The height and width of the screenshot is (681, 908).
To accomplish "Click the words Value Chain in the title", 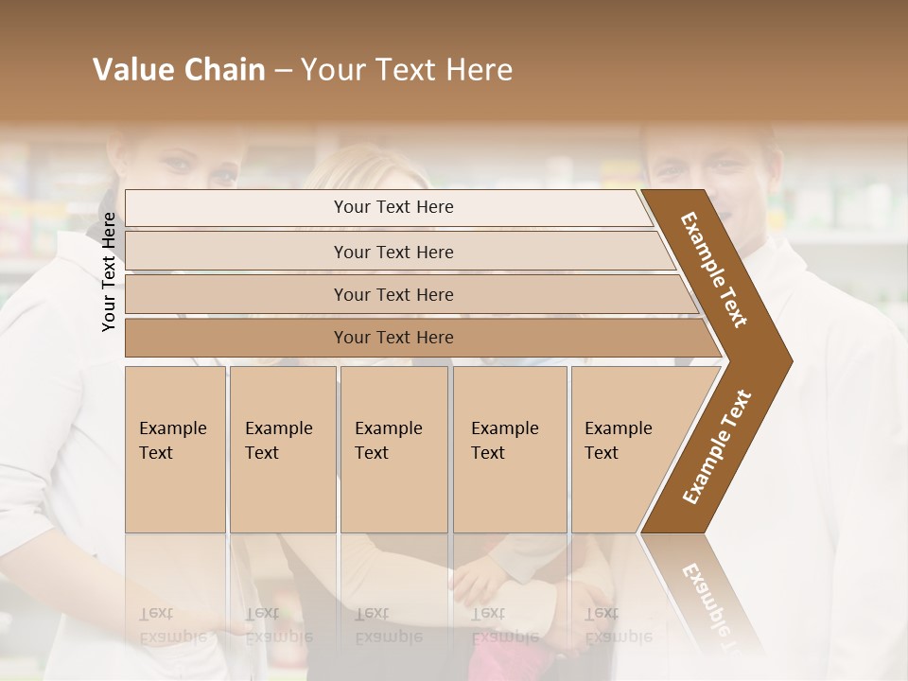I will pos(179,70).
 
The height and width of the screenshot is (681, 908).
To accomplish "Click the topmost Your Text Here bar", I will pos(393,207).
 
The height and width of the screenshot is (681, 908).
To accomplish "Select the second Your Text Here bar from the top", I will pos(393,252).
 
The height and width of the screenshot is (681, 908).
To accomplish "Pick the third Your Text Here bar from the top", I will pos(393,294).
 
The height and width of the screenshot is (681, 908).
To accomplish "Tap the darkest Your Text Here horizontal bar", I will pos(393,338).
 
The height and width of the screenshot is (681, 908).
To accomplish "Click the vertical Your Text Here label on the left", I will pos(109,271).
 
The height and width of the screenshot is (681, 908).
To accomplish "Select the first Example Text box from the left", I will pos(175,449).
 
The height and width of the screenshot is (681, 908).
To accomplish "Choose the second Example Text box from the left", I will pos(282,449).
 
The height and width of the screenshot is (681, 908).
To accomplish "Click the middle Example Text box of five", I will pos(393,449).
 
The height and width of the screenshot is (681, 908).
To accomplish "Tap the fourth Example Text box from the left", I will pos(510,449).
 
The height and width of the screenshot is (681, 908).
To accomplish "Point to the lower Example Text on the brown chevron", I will pos(717,447).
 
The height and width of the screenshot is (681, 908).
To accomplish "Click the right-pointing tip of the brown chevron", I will pos(787,360).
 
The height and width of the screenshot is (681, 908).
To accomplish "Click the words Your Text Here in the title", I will pos(407,70).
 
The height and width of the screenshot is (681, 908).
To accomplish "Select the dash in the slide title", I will pos(283,70).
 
